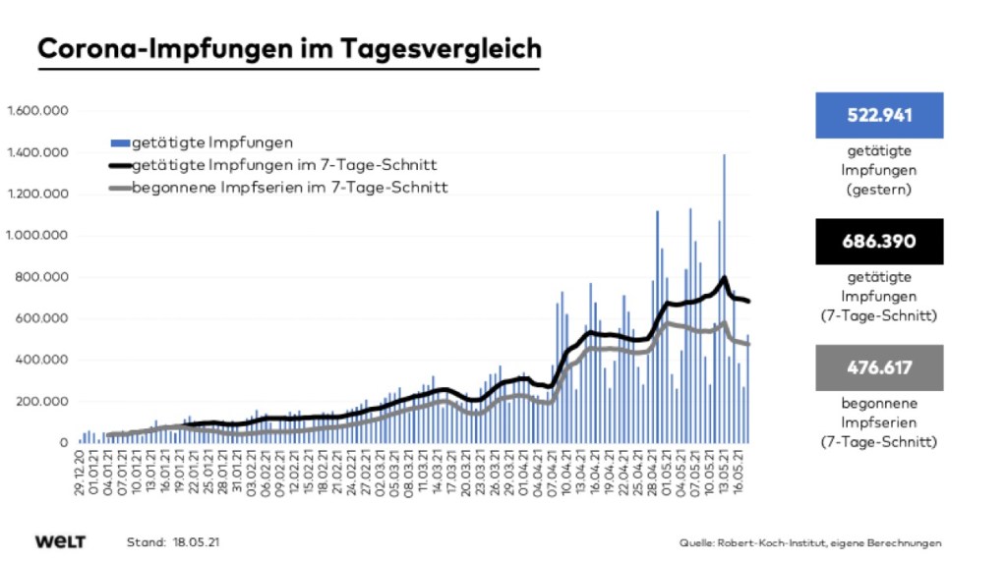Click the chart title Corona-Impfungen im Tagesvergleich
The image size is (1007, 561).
click(x=289, y=48)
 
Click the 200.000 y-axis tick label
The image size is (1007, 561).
click(x=40, y=402)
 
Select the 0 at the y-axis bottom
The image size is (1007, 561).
click(x=62, y=443)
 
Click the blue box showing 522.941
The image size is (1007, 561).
click(x=879, y=115)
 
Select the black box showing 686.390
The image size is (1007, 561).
click(x=879, y=242)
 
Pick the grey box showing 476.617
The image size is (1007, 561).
click(x=879, y=367)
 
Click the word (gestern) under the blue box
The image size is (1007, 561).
click(x=879, y=189)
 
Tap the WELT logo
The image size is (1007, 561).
click(x=60, y=541)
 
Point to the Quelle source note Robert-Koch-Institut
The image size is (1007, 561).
click(x=809, y=542)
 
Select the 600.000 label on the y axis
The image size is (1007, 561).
click(x=40, y=319)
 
